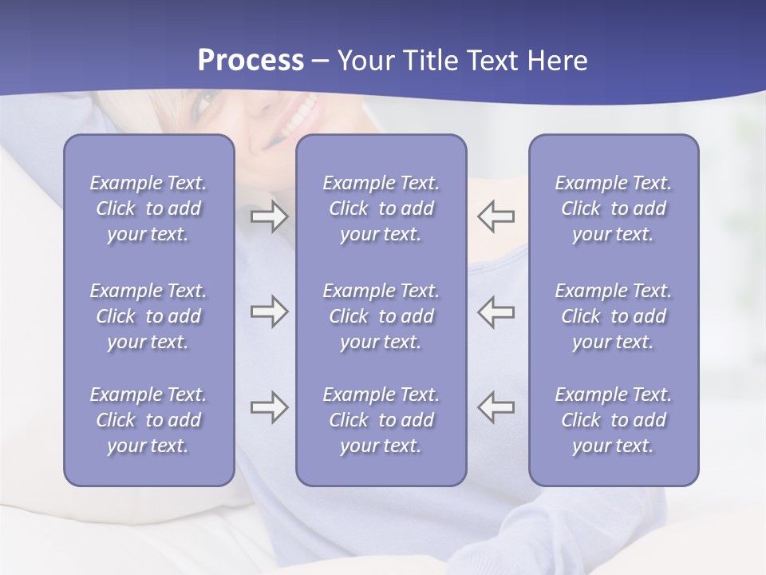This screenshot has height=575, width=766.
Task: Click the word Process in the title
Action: point(251,61)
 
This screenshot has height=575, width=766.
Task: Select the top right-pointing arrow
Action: point(269,216)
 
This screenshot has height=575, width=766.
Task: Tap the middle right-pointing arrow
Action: point(269,311)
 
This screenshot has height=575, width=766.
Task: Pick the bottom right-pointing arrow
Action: point(269,407)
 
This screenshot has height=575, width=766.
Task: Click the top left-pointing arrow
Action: point(496,216)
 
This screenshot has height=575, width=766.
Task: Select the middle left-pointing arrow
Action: point(496,311)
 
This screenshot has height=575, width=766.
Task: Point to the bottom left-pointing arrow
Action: point(496,407)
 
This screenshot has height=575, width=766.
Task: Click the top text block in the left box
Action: point(148,208)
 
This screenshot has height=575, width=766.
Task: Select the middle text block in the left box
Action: point(148,316)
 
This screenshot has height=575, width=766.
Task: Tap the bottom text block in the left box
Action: point(148,420)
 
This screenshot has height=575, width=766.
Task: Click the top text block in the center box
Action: point(381,208)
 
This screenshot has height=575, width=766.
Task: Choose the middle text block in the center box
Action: point(381,316)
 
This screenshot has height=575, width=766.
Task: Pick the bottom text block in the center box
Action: point(381,420)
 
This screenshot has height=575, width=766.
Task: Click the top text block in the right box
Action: point(614,208)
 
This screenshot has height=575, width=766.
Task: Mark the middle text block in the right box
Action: point(614,316)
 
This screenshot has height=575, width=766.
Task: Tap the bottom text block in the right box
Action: point(614,420)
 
